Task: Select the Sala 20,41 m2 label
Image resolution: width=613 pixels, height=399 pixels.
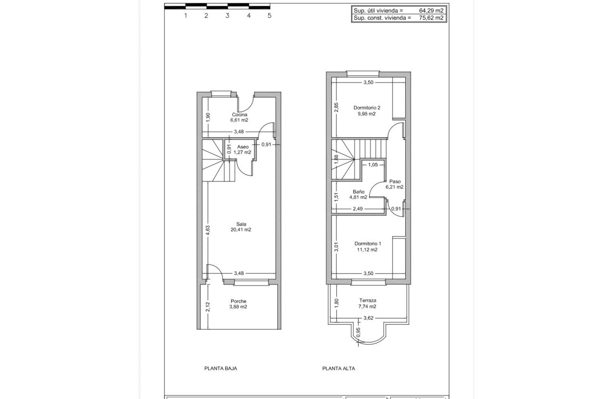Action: [x=241, y=227]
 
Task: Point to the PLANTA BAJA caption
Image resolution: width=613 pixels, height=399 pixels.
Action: [x=220, y=368]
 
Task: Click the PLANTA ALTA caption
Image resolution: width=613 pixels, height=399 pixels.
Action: [x=338, y=368]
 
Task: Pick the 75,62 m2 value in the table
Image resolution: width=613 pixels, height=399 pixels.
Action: [x=431, y=18]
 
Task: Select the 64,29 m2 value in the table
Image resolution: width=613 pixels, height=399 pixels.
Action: [x=431, y=10]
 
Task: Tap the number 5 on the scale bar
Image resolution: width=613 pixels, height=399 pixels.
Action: [x=269, y=15]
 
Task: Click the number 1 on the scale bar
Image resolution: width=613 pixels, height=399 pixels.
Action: [x=186, y=15]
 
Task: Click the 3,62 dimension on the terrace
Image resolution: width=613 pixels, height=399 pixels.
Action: [x=368, y=318]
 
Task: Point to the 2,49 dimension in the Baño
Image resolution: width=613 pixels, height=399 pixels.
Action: [x=358, y=209]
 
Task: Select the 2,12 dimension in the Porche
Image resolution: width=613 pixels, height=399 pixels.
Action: [x=208, y=307]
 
